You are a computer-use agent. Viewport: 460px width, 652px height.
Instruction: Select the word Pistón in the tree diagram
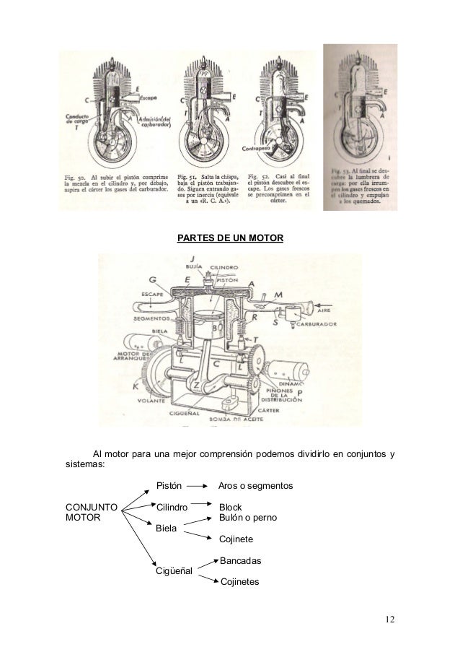pos(169,487)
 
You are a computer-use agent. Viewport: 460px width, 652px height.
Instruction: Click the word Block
pos(231,508)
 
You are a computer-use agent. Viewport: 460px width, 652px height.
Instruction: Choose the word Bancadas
pos(240,561)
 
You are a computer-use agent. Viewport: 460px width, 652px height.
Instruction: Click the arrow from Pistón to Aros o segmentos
pos(200,487)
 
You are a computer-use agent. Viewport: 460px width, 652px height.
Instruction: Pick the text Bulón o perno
pos(247,518)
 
